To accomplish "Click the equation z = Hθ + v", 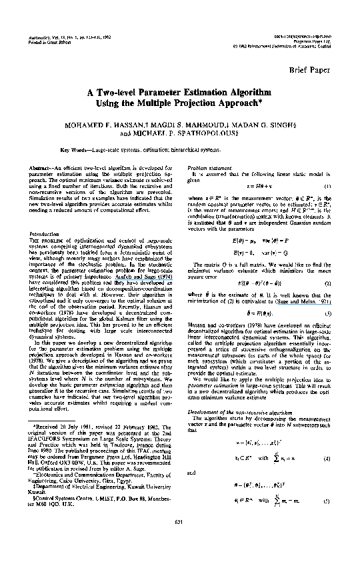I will click(x=259, y=185).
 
